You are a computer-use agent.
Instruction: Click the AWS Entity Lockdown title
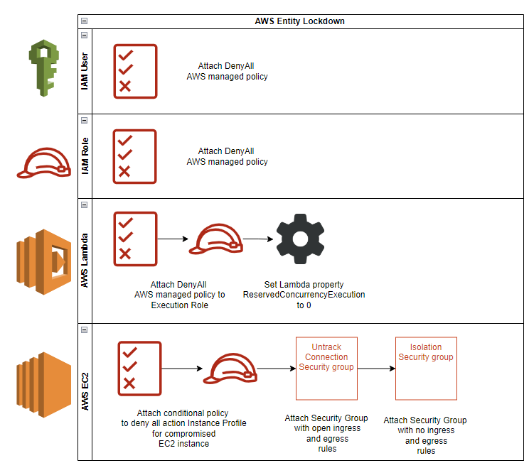[x=299, y=21]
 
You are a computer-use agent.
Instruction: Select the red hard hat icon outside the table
[x=43, y=164]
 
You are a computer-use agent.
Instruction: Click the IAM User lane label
[x=85, y=71]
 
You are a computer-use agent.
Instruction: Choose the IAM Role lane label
[x=85, y=156]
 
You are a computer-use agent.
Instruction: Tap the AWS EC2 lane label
[x=85, y=391]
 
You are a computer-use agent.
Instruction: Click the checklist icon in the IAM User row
[x=135, y=71]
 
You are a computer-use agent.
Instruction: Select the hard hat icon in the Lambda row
[x=215, y=240]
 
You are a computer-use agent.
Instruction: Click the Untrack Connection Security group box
[x=326, y=369]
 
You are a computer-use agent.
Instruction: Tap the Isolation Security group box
[x=425, y=369]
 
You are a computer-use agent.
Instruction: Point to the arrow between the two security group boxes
[x=375, y=369]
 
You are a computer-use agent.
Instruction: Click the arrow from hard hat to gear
[x=258, y=239]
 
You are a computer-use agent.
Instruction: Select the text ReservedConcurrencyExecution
[x=304, y=294]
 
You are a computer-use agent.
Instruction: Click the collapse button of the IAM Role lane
[x=85, y=119]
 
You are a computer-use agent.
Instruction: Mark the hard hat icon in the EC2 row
[x=230, y=369]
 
